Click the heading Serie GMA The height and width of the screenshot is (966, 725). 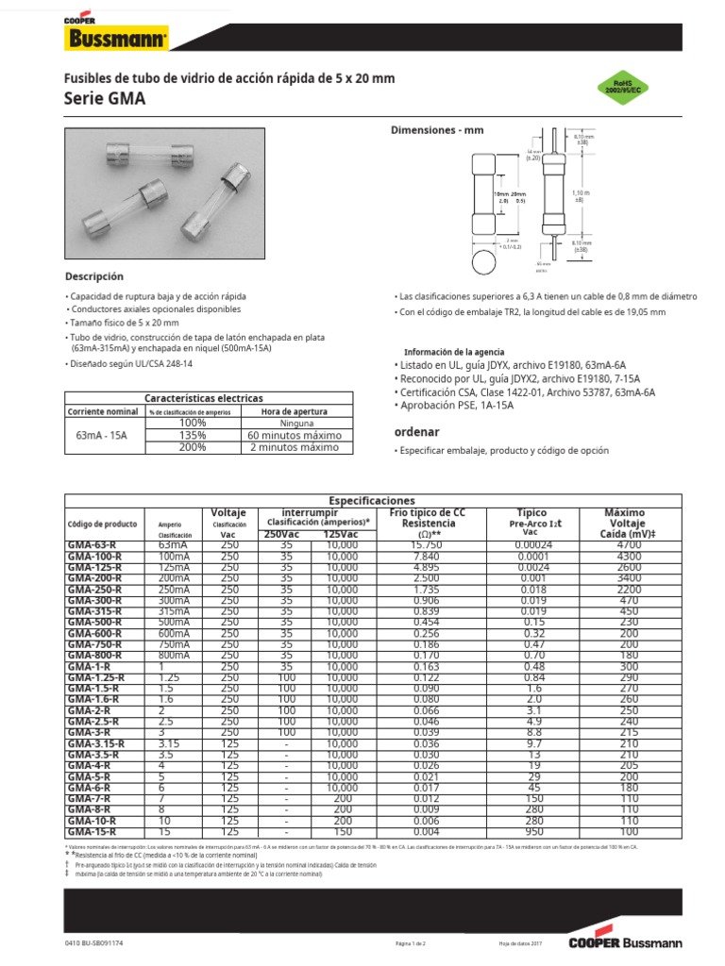click(x=105, y=98)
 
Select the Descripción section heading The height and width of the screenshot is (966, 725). click(x=93, y=276)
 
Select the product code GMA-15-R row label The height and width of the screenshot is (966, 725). click(x=93, y=832)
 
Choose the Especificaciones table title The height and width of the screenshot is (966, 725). click(x=371, y=499)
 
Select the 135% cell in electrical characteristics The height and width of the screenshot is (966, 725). click(x=192, y=436)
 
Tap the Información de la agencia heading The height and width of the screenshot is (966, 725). click(x=453, y=352)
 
